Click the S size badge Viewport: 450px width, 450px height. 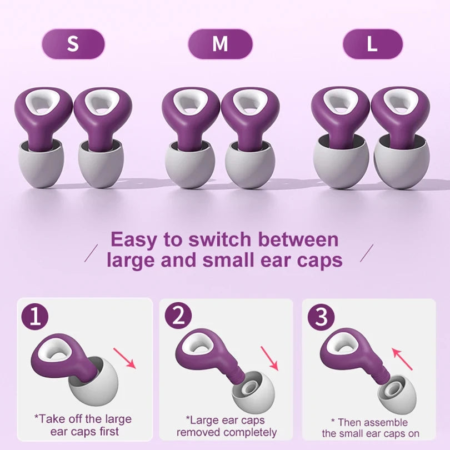(73, 44)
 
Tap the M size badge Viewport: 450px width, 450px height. (220, 44)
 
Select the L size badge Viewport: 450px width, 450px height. (372, 44)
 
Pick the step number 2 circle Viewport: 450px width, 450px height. (178, 317)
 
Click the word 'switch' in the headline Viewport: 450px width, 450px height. (218, 239)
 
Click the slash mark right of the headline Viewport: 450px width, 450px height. (367, 252)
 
